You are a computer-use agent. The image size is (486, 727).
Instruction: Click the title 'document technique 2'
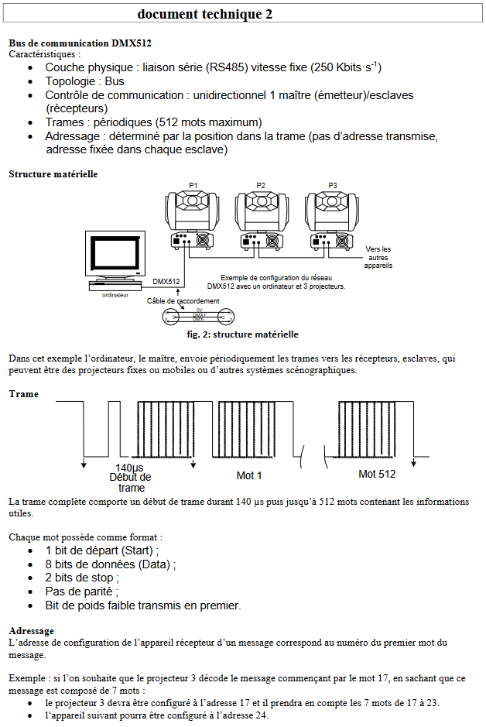(x=205, y=14)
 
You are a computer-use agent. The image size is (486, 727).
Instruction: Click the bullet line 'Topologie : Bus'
(x=84, y=81)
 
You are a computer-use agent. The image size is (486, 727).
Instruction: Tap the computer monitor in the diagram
(x=116, y=256)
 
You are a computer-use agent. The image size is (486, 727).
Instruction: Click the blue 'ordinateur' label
(x=115, y=296)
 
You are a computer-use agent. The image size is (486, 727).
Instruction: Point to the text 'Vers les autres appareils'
(x=378, y=257)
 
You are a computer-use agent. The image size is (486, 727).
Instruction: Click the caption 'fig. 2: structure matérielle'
(x=242, y=334)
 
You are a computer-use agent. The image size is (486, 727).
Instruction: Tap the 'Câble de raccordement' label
(x=183, y=301)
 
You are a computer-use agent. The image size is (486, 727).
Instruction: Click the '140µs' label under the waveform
(x=130, y=468)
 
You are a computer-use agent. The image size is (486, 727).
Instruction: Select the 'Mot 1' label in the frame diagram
(x=249, y=475)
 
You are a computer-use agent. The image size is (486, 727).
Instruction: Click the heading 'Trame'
(x=23, y=394)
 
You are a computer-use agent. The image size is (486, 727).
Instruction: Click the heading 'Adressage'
(x=31, y=631)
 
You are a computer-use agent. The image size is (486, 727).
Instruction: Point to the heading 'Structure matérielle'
(x=53, y=174)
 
